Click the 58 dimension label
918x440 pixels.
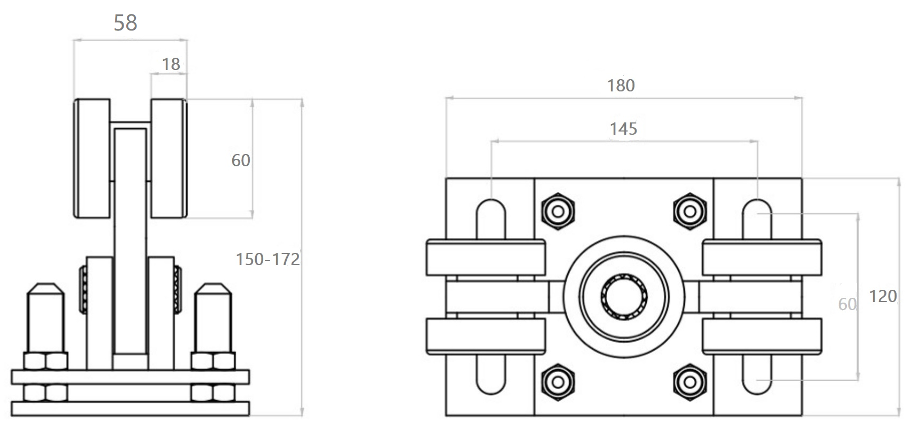pos(125,23)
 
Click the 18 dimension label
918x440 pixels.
pos(171,64)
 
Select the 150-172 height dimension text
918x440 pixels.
pos(267,259)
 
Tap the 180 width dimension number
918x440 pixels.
pos(621,86)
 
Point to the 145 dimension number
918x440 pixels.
pos(623,129)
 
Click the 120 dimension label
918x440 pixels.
pos(883,296)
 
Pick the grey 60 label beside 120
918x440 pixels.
pos(847,304)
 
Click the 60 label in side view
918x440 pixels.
pos(240,160)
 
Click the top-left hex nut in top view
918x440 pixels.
pos(558,212)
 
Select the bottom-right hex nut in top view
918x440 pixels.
pos(690,382)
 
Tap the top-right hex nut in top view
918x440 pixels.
pos(690,212)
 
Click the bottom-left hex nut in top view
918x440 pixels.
pos(558,382)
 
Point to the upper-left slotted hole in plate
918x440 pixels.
pos(491,218)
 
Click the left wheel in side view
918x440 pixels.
pos(92,158)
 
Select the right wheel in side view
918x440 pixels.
pos(168,158)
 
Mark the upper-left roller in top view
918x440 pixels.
pos(485,258)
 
